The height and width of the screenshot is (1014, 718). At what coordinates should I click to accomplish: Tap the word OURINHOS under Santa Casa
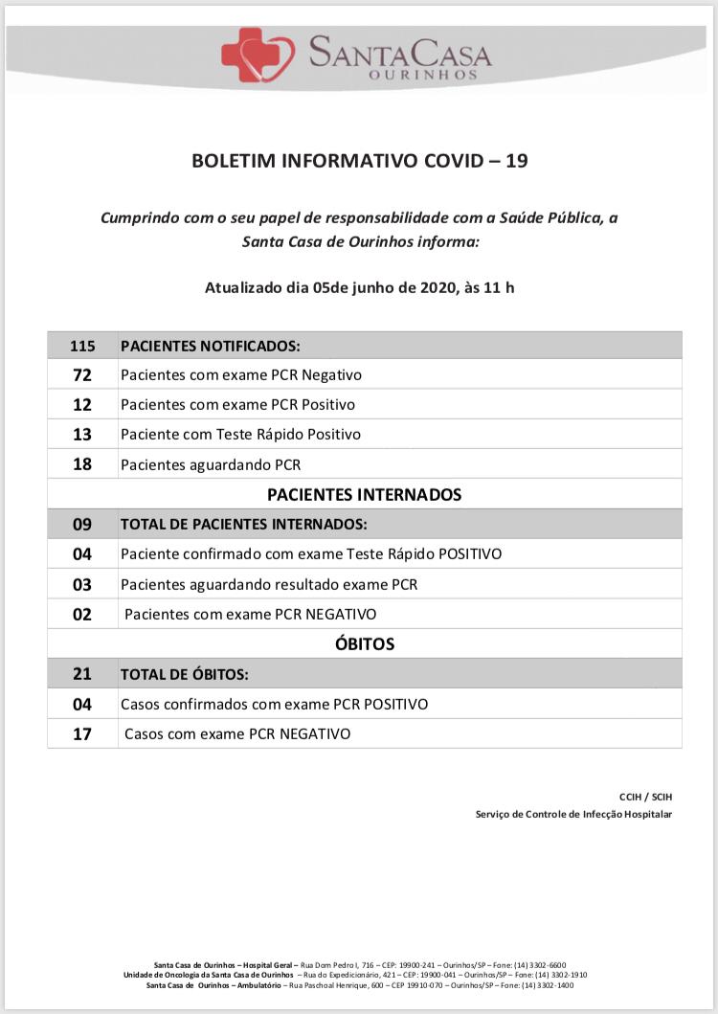point(399,74)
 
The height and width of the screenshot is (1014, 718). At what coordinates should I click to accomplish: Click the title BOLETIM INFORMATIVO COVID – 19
point(359,161)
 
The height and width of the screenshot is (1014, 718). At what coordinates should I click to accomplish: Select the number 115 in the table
point(82,345)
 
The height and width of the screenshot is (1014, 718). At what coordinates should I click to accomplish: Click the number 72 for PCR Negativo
point(82,375)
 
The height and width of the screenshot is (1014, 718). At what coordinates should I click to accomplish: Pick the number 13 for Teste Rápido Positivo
point(82,435)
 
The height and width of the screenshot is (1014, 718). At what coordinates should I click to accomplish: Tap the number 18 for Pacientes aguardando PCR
point(82,465)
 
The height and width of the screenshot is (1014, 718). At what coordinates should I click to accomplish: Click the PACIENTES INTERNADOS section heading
point(364,495)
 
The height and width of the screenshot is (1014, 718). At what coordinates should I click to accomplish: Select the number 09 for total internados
point(82,525)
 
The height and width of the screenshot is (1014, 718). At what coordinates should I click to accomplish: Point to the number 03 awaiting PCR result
point(82,584)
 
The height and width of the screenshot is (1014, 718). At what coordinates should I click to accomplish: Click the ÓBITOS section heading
point(364,643)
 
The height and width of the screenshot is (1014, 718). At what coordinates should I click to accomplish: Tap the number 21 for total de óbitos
point(82,674)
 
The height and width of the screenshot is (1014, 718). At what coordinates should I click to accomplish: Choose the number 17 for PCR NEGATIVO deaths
point(82,734)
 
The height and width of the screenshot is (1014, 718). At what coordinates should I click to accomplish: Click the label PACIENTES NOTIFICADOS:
point(210,345)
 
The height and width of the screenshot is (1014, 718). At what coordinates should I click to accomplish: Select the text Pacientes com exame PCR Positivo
point(237,405)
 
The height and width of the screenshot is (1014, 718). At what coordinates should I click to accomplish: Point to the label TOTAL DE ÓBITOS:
point(184,674)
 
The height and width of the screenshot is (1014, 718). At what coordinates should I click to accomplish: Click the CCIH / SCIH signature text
point(645,797)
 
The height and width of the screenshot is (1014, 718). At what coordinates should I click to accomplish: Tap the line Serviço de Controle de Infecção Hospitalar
point(573,814)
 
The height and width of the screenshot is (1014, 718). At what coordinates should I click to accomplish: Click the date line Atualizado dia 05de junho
point(359,286)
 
